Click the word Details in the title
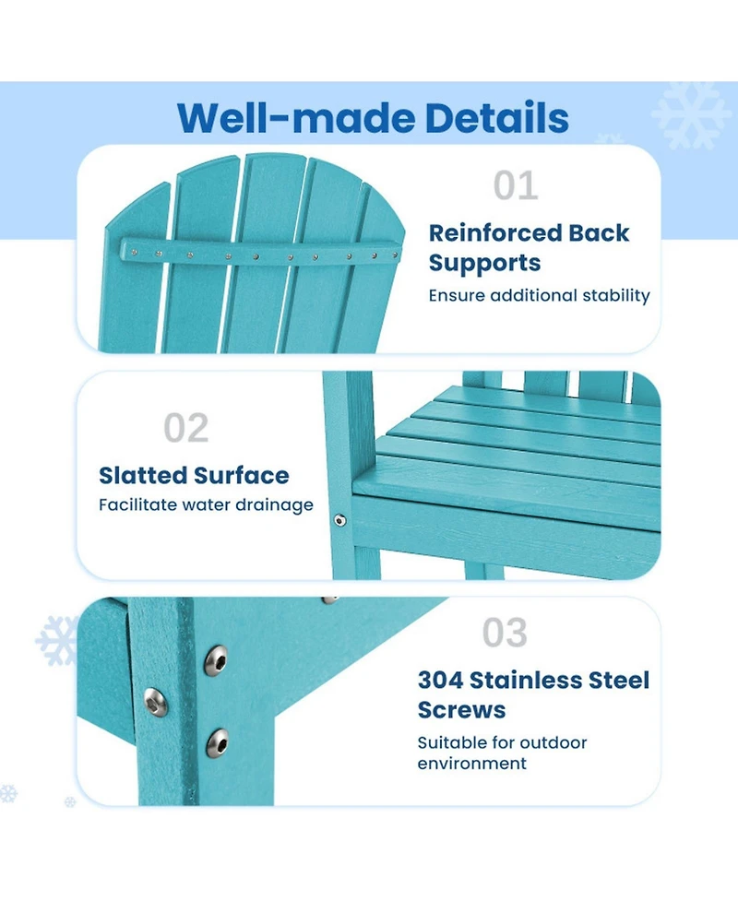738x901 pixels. pyautogui.click(x=496, y=118)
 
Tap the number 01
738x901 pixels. pyautogui.click(x=516, y=185)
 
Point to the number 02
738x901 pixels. pyautogui.click(x=185, y=428)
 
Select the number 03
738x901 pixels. pyautogui.click(x=505, y=633)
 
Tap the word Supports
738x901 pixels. pyautogui.click(x=484, y=264)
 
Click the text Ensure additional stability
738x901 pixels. pyautogui.click(x=539, y=295)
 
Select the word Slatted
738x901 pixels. pyautogui.click(x=143, y=476)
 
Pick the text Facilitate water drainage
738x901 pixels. pyautogui.click(x=206, y=505)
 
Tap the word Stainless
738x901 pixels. pyautogui.click(x=526, y=681)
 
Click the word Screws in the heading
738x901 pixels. pyautogui.click(x=461, y=710)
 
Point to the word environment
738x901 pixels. pyautogui.click(x=472, y=764)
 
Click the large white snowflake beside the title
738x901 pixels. pyautogui.click(x=690, y=114)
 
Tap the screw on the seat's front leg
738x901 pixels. pyautogui.click(x=339, y=521)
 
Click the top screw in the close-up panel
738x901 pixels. pyautogui.click(x=216, y=660)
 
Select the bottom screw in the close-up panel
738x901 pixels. pyautogui.click(x=217, y=742)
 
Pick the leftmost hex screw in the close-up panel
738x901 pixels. pyautogui.click(x=155, y=702)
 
